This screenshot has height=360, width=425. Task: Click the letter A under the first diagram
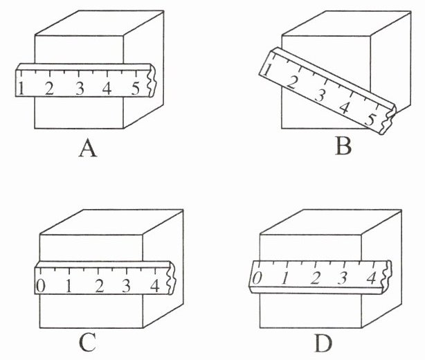(88, 149)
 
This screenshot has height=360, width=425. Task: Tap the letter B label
(343, 146)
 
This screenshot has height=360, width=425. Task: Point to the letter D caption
(323, 343)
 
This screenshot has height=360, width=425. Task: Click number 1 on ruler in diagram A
(21, 89)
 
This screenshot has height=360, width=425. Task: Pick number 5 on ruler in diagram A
(136, 89)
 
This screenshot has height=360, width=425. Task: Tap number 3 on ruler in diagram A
(80, 89)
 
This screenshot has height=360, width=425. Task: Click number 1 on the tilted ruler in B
(267, 70)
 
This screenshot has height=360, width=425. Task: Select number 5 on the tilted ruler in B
(370, 119)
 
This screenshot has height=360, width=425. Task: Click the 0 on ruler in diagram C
(41, 286)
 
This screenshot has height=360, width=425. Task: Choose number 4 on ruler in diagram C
(155, 286)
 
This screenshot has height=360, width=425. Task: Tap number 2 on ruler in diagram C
(99, 286)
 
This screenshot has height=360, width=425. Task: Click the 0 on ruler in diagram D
(257, 278)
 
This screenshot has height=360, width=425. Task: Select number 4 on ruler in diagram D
(371, 278)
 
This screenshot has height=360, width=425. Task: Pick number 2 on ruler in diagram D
(316, 278)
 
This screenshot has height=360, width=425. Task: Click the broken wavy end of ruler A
(152, 80)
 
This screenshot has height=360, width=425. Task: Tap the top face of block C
(111, 222)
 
